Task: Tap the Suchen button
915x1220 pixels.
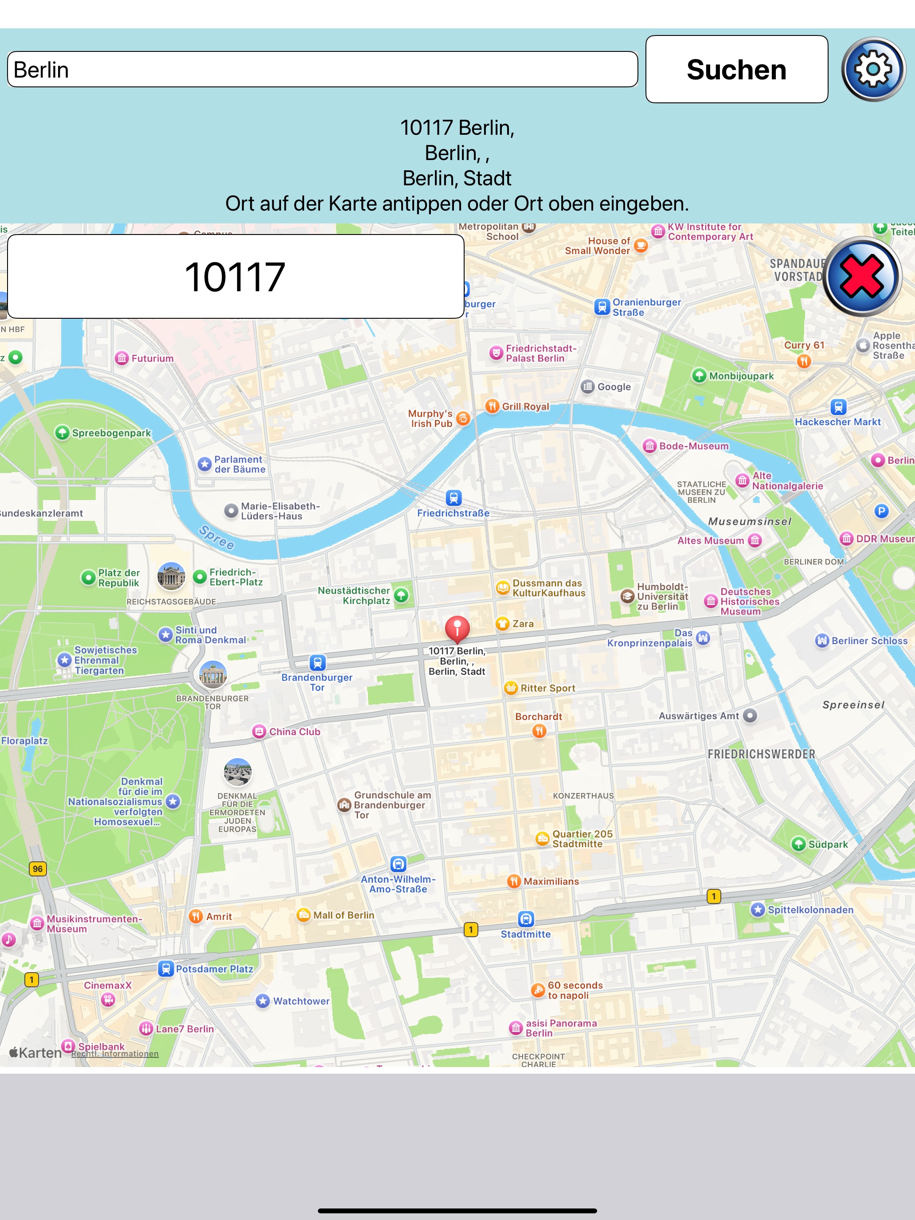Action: point(736,70)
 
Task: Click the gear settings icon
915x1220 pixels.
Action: point(873,70)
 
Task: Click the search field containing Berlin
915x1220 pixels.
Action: point(322,70)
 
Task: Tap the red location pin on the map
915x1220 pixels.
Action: point(457,629)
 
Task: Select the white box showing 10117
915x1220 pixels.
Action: point(235,276)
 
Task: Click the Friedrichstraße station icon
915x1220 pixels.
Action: point(454,497)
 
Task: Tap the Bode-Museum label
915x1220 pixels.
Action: point(693,446)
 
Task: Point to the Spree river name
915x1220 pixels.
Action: point(217,537)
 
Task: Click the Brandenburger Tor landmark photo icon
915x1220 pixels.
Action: point(213,674)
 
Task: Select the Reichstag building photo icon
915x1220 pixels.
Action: point(171,576)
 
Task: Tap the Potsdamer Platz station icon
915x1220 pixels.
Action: point(165,969)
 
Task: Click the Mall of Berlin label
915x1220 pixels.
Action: point(343,915)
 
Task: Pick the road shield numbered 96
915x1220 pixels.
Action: point(38,868)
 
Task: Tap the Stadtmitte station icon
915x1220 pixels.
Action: point(526,919)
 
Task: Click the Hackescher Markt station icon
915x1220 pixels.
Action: point(838,407)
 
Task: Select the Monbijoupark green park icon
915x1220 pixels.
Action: point(699,375)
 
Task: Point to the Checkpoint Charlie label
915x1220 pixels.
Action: point(538,1060)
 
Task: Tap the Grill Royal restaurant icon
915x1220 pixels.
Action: point(492,406)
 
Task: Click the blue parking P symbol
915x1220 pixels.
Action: point(881,511)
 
